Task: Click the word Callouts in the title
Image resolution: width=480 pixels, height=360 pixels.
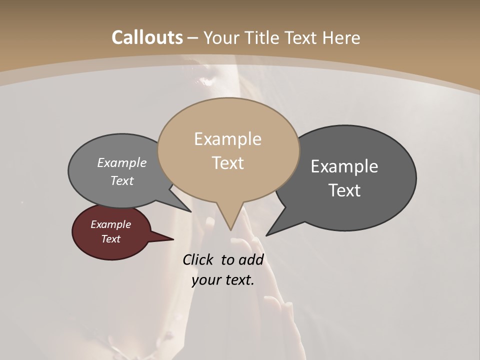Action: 147,37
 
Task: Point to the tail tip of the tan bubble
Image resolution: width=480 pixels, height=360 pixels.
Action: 230,229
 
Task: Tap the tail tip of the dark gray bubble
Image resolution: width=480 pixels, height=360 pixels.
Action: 267,234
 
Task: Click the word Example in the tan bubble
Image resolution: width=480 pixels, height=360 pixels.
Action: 227,139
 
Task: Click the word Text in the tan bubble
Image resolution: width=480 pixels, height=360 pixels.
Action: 227,163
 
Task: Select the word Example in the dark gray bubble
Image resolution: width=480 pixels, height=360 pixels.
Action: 344,166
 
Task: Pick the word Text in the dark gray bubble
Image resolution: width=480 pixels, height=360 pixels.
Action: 344,190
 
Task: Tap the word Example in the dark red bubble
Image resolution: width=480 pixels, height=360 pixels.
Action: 111,224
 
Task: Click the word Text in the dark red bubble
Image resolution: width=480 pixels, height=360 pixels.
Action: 111,239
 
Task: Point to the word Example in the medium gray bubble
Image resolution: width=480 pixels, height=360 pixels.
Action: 122,163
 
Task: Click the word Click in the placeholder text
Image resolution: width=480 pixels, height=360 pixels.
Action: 199,259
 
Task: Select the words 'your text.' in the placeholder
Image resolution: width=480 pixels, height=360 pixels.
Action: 223,280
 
